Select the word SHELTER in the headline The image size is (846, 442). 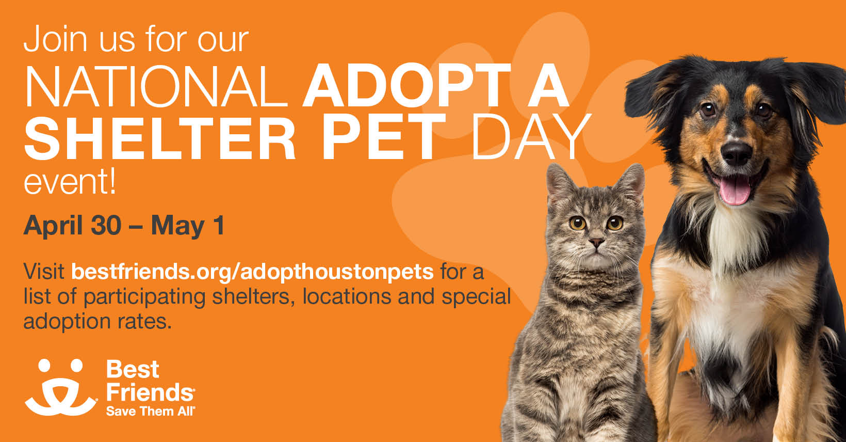coord(160,138)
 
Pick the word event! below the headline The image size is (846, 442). coord(70,183)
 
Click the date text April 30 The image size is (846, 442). coord(72,226)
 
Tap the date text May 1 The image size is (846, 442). coord(188,226)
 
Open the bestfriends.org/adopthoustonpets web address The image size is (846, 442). coord(252,271)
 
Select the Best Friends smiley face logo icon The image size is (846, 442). coord(61,387)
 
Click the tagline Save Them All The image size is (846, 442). coord(150,412)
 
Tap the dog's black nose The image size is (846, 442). coord(737,152)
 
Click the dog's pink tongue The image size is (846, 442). coord(735,190)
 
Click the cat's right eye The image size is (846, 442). coord(615,223)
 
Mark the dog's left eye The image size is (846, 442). coord(708,109)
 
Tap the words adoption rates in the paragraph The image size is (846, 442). coord(96,321)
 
